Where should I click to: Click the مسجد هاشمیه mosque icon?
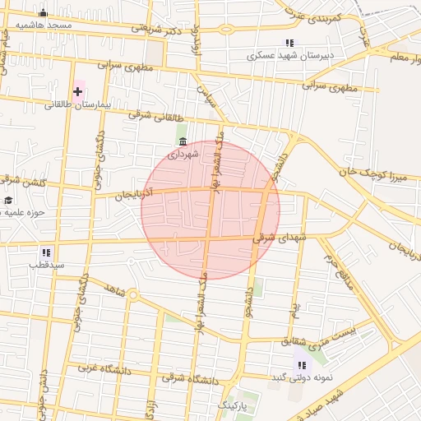pos(44,13)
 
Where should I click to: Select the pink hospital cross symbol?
pos(78,90)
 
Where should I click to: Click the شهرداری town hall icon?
pos(183,141)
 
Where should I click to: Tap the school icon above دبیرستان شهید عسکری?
pos(289,43)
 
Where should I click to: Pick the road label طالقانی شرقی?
pos(153,118)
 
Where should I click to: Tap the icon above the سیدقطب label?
pos(47,252)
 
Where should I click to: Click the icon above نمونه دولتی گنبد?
pos(302,364)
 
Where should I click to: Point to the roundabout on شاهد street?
pos(133,294)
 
